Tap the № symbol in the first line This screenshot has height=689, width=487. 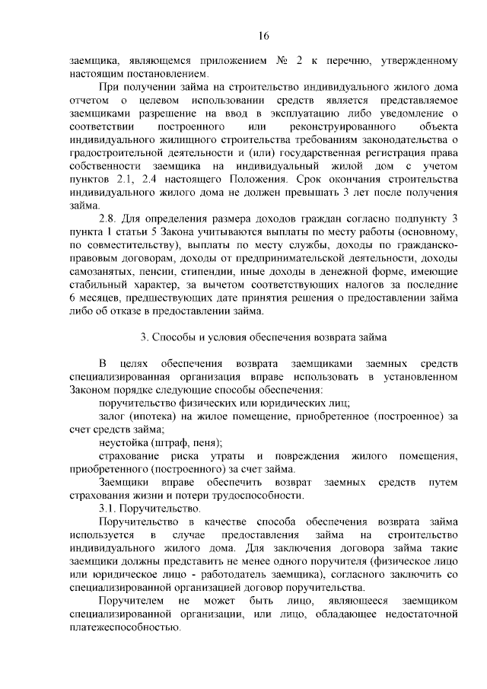point(285,60)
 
